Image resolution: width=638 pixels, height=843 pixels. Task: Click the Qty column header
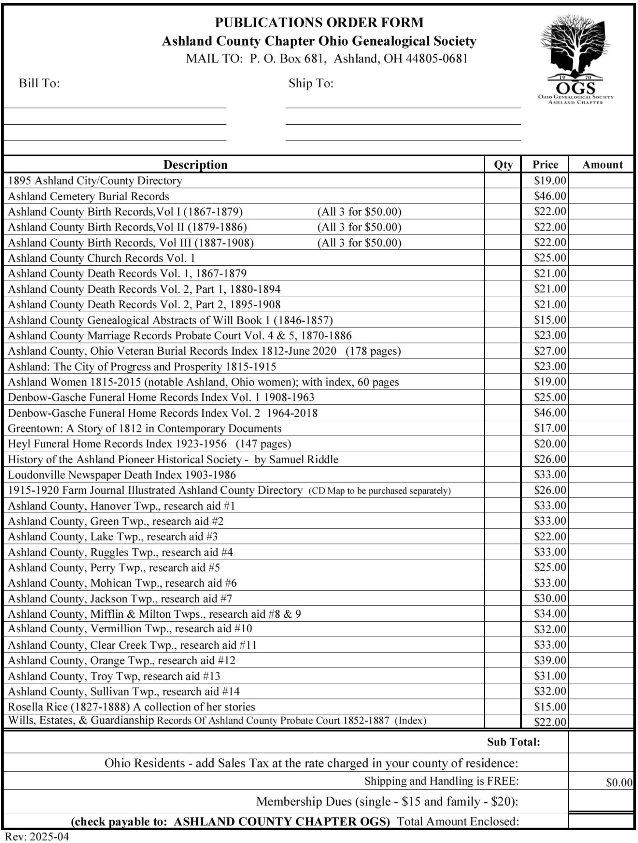[x=503, y=165]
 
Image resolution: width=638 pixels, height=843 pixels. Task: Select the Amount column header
[x=602, y=165]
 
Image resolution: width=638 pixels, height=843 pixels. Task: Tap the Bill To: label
[x=39, y=83]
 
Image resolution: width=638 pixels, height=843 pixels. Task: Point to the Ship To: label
[x=311, y=83]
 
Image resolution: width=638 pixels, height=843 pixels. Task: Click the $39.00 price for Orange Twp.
[x=550, y=660]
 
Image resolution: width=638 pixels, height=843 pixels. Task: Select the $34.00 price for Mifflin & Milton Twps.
[x=550, y=614]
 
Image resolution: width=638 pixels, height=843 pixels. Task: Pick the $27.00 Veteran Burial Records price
[x=550, y=351]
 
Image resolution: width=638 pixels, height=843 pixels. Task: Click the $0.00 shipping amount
[x=619, y=782]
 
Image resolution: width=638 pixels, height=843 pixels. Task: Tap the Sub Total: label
[x=513, y=742]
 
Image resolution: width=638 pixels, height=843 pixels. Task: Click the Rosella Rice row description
[x=132, y=707]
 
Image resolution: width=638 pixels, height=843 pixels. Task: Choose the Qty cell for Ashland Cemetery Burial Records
[x=503, y=196]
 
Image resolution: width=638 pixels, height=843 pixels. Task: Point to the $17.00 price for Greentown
[x=550, y=428]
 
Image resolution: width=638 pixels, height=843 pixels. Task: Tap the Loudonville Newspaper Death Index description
[x=122, y=475]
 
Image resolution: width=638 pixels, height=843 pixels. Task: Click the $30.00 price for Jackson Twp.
[x=550, y=598]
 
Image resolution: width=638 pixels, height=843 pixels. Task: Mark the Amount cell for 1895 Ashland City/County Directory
[x=601, y=180]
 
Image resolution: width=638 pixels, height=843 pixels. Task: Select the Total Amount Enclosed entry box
[x=601, y=821]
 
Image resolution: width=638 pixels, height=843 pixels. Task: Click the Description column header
[x=195, y=165]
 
